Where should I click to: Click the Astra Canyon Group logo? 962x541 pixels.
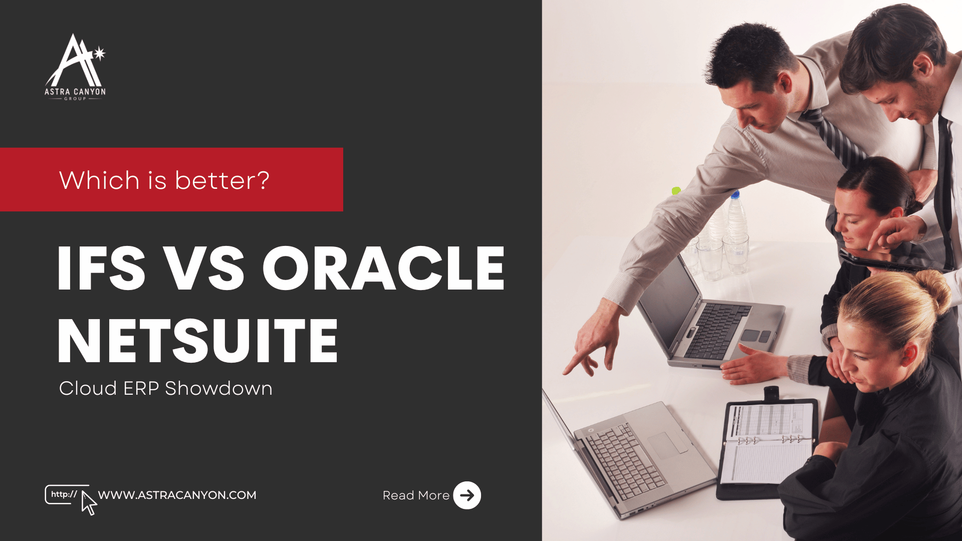coord(75,68)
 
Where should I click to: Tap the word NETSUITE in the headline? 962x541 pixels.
coord(198,341)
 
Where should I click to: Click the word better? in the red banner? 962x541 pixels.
coord(222,180)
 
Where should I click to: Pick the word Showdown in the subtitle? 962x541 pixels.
coord(218,389)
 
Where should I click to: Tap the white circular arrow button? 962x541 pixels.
coord(467,495)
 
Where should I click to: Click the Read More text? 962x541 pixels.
coord(416,495)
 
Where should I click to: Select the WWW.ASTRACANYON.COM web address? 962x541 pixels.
coord(177,495)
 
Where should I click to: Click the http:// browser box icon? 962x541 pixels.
coord(64,494)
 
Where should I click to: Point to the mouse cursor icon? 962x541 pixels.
coord(89,503)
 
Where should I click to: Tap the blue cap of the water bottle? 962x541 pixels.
coord(735,194)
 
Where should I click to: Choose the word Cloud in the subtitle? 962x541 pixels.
coord(88,389)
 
